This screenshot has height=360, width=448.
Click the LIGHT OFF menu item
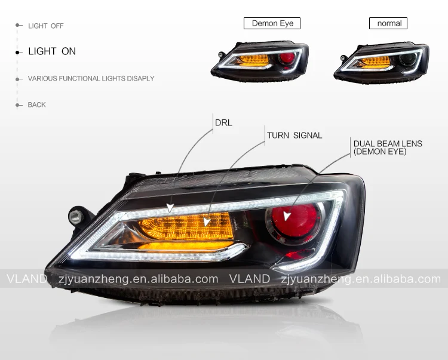point(45,26)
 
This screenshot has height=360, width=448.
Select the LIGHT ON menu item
point(52,51)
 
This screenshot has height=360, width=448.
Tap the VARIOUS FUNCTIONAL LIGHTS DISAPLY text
point(91,79)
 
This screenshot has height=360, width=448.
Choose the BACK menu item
point(36,105)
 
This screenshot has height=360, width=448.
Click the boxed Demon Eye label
point(272,23)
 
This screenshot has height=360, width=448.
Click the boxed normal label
point(389,23)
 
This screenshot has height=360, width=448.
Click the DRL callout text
point(223,123)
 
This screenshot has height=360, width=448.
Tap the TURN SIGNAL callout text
point(294,136)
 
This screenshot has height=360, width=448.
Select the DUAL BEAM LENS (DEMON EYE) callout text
point(388,147)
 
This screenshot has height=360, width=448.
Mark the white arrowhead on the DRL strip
point(171,207)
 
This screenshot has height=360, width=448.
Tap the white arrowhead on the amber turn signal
point(207,222)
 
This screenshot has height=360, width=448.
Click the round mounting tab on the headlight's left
point(75,213)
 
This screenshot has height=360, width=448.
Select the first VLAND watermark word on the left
point(26,279)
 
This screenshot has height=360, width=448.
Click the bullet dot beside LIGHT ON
point(18,52)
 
